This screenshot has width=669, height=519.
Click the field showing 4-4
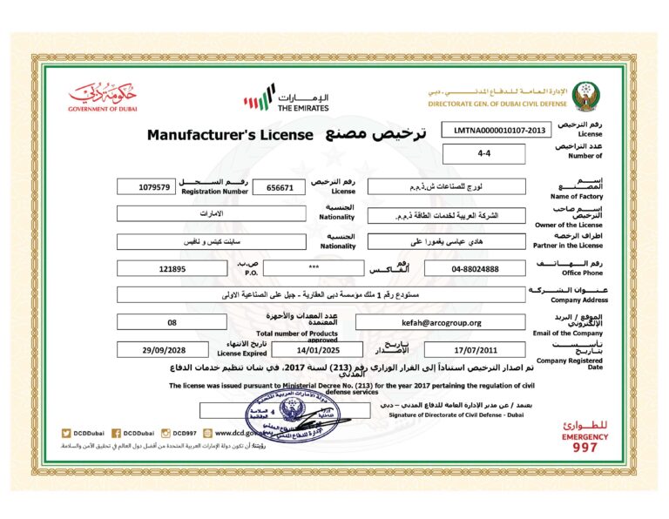pyautogui.click(x=484, y=154)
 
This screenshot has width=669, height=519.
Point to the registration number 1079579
pyautogui.click(x=155, y=187)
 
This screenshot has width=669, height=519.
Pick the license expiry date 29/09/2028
pyautogui.click(x=165, y=349)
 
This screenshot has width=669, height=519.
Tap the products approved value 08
pyautogui.click(x=172, y=322)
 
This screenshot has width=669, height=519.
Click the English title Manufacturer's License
pyautogui.click(x=228, y=135)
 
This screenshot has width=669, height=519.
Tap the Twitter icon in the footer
pyautogui.click(x=66, y=433)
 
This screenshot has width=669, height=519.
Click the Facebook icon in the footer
pyautogui.click(x=117, y=433)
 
